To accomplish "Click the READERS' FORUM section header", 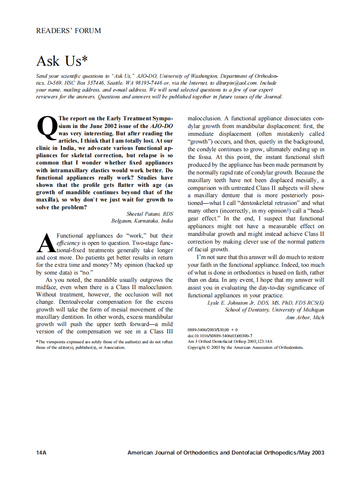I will [x=69, y=31].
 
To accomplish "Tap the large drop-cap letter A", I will [x=46, y=243].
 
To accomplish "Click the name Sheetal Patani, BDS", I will [x=149, y=214].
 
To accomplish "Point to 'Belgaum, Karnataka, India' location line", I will [x=142, y=221].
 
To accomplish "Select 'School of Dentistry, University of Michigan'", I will [x=275, y=310].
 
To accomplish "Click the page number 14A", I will [x=41, y=452].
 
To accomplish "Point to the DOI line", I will [x=220, y=336].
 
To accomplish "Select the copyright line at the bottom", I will [x=245, y=347].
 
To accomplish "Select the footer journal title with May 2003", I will [x=226, y=452].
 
